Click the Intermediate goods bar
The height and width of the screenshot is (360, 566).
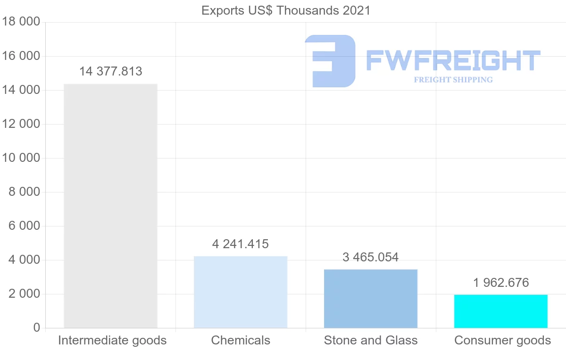tap(110, 206)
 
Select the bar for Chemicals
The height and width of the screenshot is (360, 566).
tap(241, 292)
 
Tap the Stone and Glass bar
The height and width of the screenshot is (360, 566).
tap(371, 299)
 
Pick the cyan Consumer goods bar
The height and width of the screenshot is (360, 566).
tap(501, 311)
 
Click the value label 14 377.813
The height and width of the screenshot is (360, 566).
tap(111, 72)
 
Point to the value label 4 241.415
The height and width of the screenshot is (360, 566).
tap(241, 244)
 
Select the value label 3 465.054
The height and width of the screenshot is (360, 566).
tap(371, 257)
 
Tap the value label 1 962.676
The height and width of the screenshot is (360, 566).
tap(501, 283)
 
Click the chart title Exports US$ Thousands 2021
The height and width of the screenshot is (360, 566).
tap(286, 10)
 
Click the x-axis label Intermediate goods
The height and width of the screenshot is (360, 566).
tap(112, 340)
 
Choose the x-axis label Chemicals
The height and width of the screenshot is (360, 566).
tap(241, 340)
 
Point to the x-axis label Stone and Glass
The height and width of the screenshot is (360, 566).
tap(371, 340)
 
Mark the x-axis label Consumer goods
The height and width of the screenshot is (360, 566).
tap(502, 340)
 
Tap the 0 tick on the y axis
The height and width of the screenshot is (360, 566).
tap(37, 328)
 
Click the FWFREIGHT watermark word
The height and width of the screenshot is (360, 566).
tap(453, 60)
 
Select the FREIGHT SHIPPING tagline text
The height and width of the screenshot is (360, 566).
tap(453, 80)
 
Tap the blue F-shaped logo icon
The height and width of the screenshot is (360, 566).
tap(330, 61)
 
